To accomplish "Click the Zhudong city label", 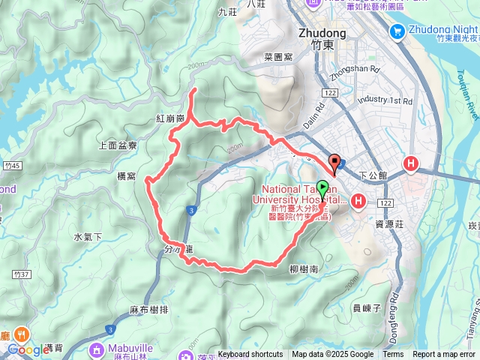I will tap(322, 33).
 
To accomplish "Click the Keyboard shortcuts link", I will tap(250, 355).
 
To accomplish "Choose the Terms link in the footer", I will tap(393, 355).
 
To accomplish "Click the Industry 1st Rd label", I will tap(385, 100).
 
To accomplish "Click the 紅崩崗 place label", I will tap(170, 120).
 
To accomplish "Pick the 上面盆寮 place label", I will tap(118, 146).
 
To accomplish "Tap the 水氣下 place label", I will tap(88, 237).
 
